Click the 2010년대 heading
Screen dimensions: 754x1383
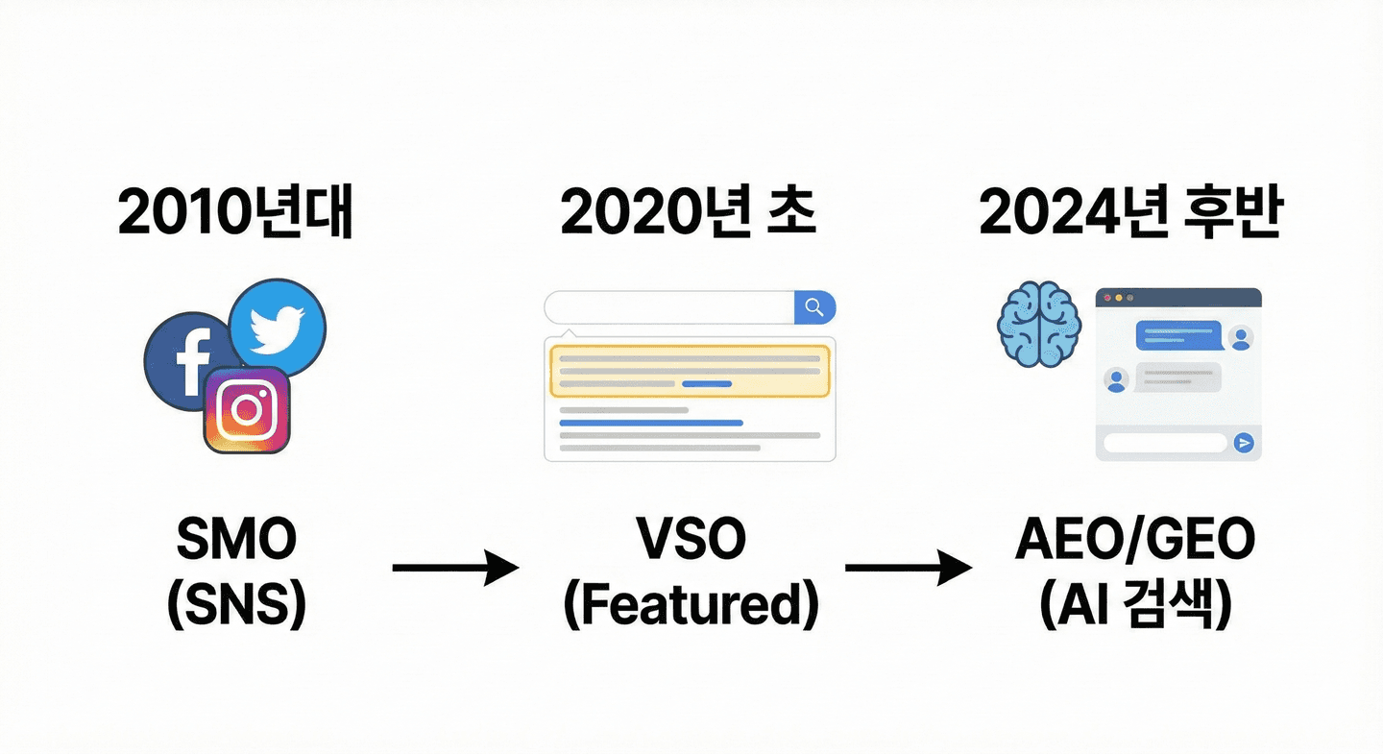pyautogui.click(x=234, y=214)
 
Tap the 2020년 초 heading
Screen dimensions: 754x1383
pyautogui.click(x=688, y=214)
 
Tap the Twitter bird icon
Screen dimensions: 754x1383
pyautogui.click(x=278, y=327)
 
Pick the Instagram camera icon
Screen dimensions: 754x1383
pyautogui.click(x=247, y=410)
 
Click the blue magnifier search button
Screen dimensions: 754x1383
pyautogui.click(x=814, y=307)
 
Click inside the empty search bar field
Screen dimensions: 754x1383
pyautogui.click(x=668, y=307)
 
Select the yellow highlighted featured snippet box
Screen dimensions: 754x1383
pyautogui.click(x=690, y=371)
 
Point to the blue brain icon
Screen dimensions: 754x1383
pyautogui.click(x=1040, y=326)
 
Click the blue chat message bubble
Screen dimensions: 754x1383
pyautogui.click(x=1178, y=335)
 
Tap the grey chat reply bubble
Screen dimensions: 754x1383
pyautogui.click(x=1178, y=377)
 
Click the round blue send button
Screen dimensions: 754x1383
pyautogui.click(x=1245, y=443)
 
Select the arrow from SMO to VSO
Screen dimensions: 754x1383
pyautogui.click(x=455, y=568)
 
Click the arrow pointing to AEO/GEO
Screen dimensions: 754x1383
pyautogui.click(x=908, y=568)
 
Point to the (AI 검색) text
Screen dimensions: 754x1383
pyautogui.click(x=1134, y=606)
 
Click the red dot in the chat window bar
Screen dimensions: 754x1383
pyautogui.click(x=1108, y=298)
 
